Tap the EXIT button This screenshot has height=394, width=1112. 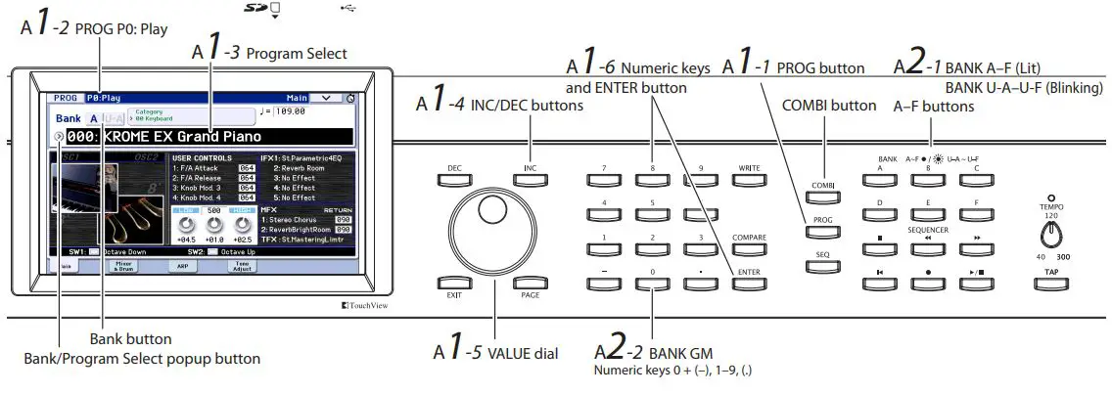point(453,284)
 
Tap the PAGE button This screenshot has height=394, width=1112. point(530,284)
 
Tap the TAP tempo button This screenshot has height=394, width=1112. point(1050,284)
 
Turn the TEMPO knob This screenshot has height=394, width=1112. point(1050,234)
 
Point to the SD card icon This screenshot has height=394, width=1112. point(256,9)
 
